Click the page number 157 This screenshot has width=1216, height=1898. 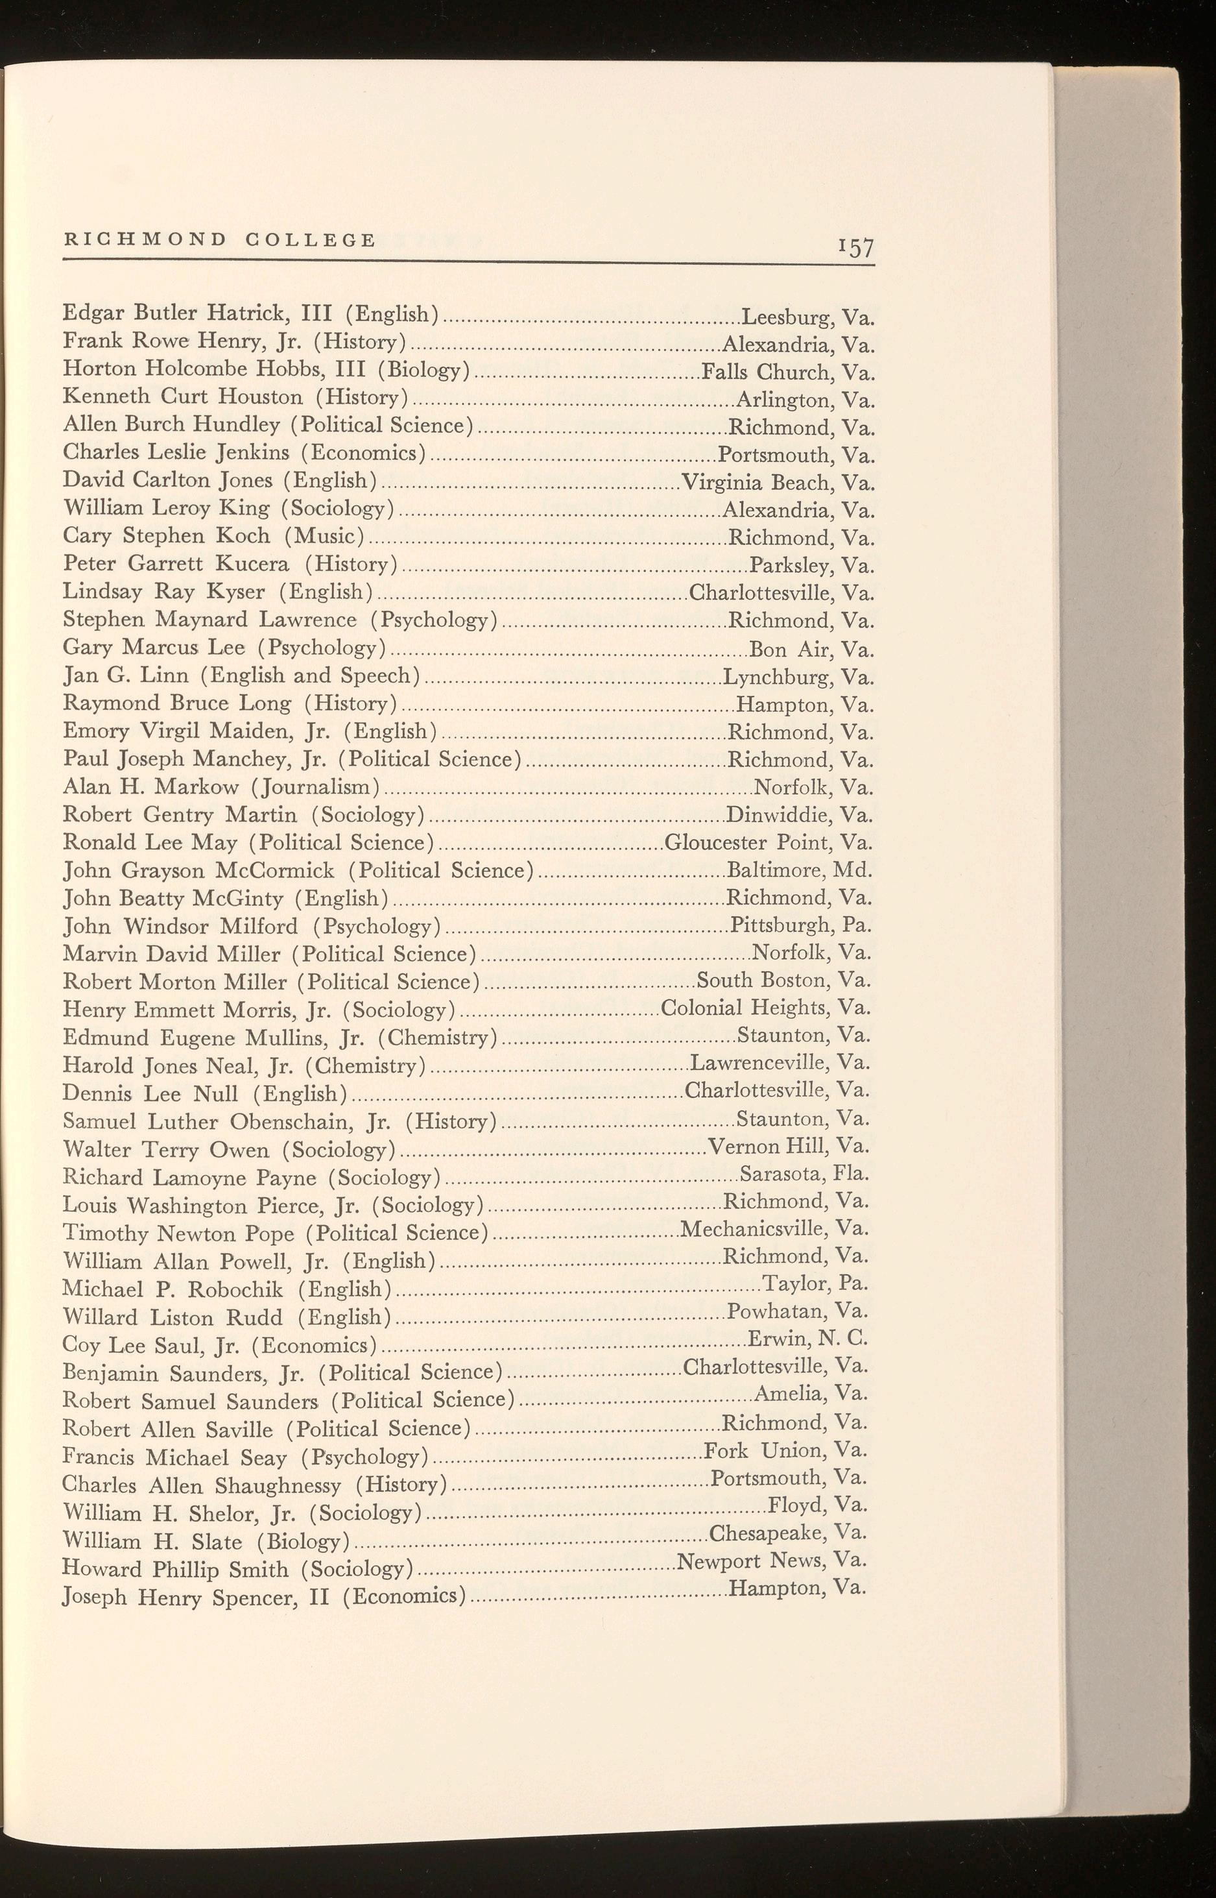(x=856, y=248)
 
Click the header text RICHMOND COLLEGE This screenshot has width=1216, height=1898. (x=219, y=239)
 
